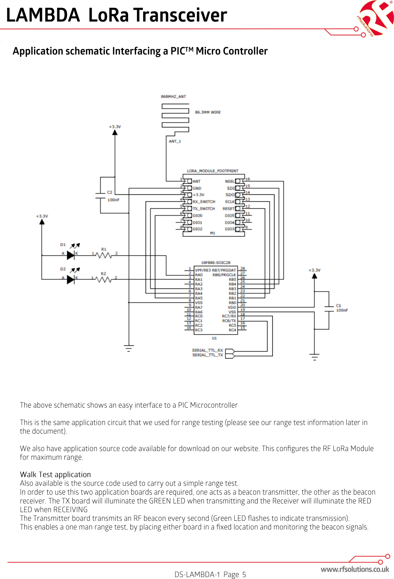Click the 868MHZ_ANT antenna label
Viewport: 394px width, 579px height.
[x=173, y=96]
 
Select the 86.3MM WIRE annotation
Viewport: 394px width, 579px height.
[x=208, y=112]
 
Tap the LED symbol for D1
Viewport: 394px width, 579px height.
[x=71, y=255]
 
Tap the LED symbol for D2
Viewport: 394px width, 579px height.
[x=71, y=279]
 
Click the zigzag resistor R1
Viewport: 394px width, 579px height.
[x=104, y=255]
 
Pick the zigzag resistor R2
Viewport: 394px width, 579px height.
[x=104, y=279]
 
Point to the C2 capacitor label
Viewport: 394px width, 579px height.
[x=110, y=192]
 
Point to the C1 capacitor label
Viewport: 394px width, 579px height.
[x=338, y=306]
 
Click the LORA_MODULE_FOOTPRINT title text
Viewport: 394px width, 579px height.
[x=213, y=171]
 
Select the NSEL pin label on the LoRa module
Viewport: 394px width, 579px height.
[x=230, y=181]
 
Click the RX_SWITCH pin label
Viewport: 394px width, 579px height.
[x=204, y=202]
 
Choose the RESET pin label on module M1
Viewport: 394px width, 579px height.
[x=229, y=209]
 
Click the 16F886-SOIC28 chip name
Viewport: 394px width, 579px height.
[x=215, y=262]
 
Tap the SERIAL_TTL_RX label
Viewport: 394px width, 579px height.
[x=207, y=350]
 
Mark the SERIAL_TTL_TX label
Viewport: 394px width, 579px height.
[x=207, y=355]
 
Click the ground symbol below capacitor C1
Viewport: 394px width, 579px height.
[x=314, y=356]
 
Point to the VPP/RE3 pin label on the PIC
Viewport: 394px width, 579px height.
[x=203, y=270]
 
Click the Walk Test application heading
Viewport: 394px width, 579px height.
[x=55, y=475]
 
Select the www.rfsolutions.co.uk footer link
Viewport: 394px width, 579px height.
[x=355, y=569]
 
